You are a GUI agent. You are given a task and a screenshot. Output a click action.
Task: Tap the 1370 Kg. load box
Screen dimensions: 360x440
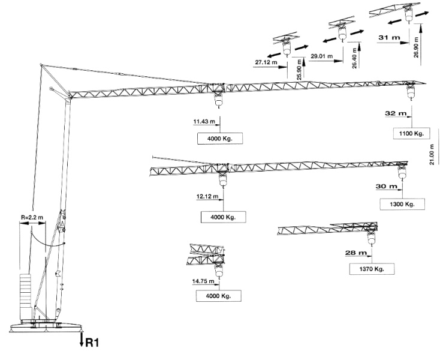(x=371, y=268)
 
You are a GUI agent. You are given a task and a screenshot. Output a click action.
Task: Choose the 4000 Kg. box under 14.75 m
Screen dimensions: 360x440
(x=214, y=295)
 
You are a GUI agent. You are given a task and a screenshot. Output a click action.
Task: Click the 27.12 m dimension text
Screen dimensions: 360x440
(x=266, y=62)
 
